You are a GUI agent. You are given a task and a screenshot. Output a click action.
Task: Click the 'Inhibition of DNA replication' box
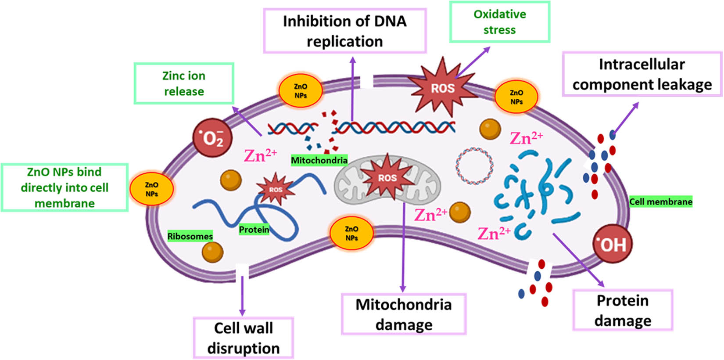344,31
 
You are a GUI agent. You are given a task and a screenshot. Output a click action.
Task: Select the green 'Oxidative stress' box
499,22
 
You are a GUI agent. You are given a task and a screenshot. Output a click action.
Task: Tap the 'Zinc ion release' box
184,83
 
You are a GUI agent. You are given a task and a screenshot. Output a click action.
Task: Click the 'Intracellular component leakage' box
642,74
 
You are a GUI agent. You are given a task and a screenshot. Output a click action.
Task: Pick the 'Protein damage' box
622,310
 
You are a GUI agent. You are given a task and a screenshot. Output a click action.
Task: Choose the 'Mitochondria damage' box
403,314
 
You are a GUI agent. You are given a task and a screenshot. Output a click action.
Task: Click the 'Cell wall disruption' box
243,338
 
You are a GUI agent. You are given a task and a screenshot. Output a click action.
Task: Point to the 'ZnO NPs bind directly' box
65,187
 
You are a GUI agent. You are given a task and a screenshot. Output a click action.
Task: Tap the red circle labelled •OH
613,244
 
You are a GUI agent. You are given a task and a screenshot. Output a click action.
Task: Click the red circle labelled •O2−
213,138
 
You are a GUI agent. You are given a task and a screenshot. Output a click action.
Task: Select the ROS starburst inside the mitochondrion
387,178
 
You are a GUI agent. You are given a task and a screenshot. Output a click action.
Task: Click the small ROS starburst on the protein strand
275,189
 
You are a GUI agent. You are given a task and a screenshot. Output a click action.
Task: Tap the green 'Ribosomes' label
190,236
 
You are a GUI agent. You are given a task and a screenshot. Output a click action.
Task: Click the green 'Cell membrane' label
660,202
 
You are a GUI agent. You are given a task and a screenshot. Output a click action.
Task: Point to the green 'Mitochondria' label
319,160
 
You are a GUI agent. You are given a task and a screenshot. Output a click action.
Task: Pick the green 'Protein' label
254,229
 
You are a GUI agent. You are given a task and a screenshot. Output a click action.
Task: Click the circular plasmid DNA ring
473,166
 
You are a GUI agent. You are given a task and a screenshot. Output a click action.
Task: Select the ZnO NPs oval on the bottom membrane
351,233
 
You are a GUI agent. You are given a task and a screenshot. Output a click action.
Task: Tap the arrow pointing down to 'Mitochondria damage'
403,246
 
